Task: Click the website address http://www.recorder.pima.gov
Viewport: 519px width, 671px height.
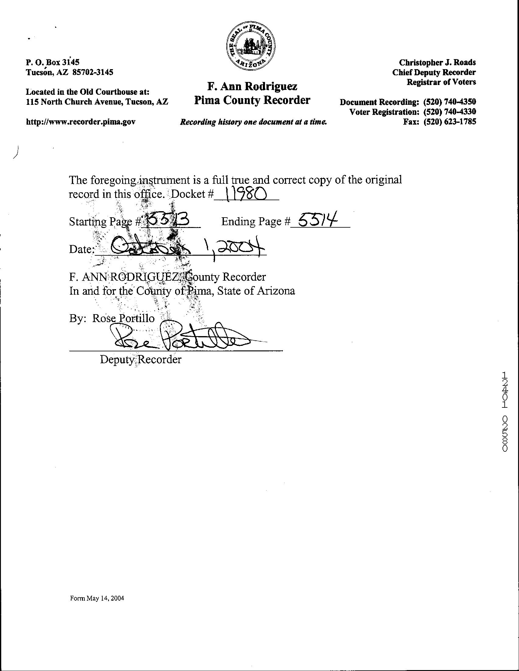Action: [80, 122]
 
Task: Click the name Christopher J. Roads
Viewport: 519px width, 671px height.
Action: [437, 62]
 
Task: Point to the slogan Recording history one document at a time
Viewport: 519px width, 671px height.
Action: [253, 122]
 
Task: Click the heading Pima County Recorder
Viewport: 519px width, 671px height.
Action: [252, 100]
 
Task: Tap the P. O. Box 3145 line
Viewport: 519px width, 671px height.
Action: [53, 62]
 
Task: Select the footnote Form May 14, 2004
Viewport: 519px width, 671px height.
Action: [97, 598]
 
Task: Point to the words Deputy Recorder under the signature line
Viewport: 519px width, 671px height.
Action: [141, 359]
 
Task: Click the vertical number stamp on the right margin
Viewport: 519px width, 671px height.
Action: [505, 411]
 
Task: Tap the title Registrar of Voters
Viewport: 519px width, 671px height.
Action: [441, 82]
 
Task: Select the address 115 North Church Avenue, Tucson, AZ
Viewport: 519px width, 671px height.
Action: [97, 102]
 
